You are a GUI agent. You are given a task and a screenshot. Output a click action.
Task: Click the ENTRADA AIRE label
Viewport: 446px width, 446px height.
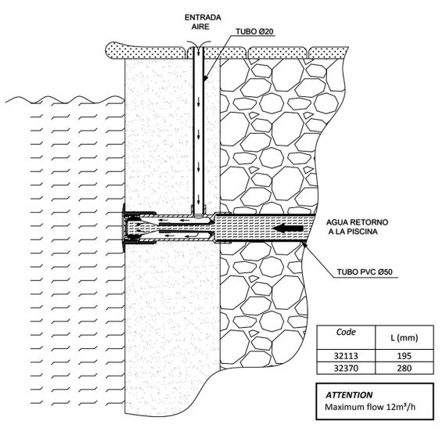click(x=203, y=22)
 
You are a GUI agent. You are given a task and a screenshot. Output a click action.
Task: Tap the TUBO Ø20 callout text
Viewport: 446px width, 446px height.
click(x=254, y=31)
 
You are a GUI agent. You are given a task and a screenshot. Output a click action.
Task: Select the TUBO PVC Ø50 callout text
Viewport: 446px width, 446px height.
click(x=365, y=272)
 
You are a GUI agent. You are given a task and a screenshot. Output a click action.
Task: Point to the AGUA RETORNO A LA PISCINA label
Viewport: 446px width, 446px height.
click(x=357, y=227)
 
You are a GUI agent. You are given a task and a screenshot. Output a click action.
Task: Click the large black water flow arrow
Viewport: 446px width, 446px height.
click(x=287, y=228)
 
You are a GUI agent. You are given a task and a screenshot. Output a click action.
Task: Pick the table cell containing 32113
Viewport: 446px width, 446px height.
click(x=346, y=356)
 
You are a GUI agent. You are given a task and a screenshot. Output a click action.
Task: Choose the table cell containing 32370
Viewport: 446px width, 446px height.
click(x=346, y=368)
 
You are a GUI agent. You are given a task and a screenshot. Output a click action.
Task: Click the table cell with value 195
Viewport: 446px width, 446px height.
click(x=405, y=356)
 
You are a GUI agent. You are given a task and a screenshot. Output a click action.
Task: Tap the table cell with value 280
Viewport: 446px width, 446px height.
click(x=405, y=368)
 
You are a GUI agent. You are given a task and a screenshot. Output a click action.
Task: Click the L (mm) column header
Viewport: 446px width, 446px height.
click(x=405, y=338)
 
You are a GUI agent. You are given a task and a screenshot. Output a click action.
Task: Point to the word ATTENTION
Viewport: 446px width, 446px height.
click(x=349, y=395)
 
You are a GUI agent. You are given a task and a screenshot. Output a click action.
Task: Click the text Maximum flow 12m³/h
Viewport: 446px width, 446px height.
click(x=370, y=407)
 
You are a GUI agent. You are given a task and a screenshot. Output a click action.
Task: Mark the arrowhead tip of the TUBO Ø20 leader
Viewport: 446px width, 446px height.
click(x=204, y=81)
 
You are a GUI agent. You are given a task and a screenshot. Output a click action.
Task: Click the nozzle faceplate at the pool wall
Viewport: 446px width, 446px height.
click(x=124, y=228)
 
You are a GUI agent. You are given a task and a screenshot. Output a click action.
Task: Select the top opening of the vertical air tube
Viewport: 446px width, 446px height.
click(x=199, y=48)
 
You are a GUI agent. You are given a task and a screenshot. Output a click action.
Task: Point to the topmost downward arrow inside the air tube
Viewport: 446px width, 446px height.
click(x=199, y=103)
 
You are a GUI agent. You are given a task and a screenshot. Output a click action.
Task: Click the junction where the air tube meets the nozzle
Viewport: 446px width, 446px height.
click(x=199, y=214)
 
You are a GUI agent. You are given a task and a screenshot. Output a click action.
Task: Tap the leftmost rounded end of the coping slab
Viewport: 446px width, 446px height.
click(x=108, y=51)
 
